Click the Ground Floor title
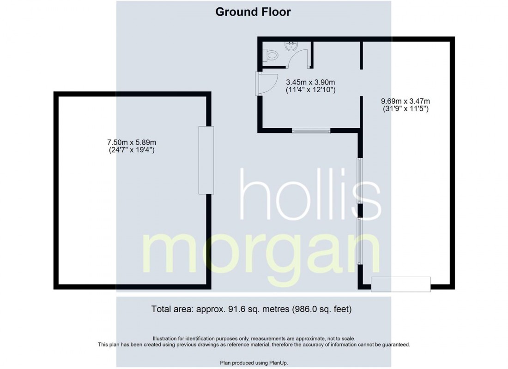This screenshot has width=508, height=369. coord(253,12)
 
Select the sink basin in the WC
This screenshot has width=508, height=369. coord(291,45)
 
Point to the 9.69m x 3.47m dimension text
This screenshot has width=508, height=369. coord(402,101)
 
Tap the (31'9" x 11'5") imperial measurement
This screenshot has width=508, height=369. coord(402,110)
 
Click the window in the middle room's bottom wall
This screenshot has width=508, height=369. coord(311,131)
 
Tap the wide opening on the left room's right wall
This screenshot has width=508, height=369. coord(206,160)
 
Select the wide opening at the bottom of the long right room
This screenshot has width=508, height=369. coord(401,284)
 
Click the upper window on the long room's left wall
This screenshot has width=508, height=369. coord(360,181)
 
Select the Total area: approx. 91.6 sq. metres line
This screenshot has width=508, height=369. coord(254,309)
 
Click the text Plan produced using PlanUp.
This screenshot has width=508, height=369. coord(254,363)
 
